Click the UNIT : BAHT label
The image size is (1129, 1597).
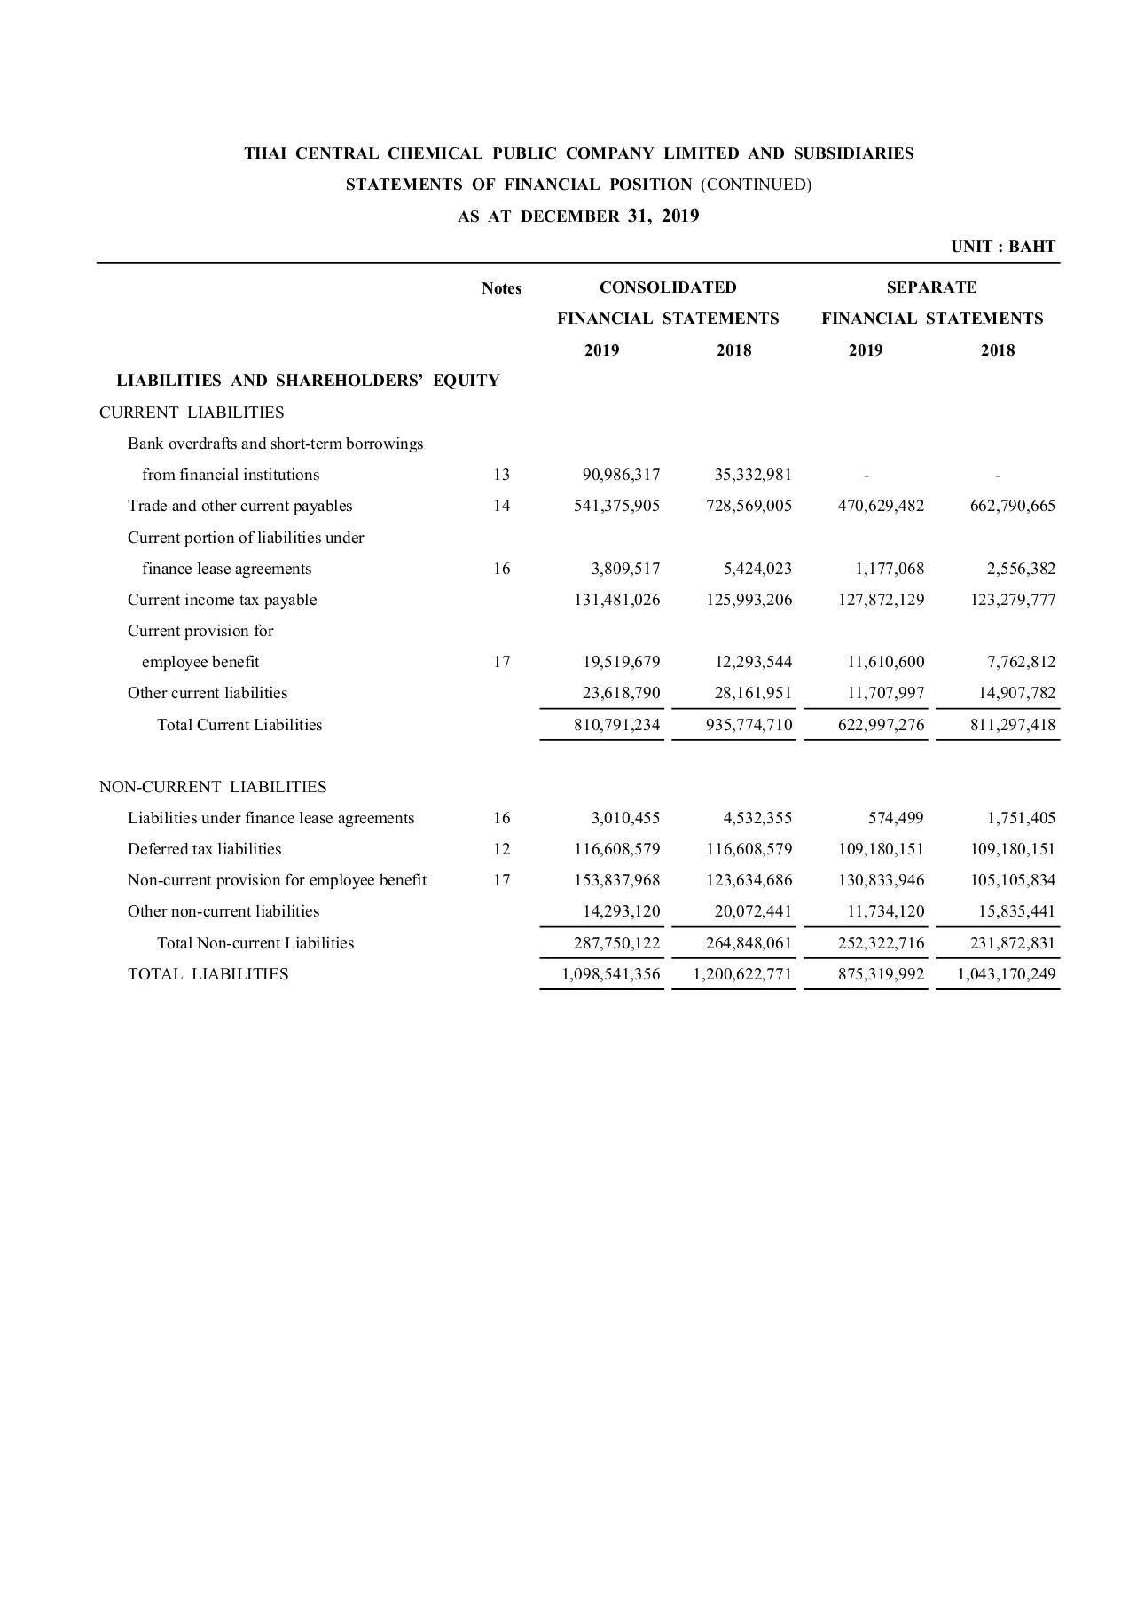tap(1003, 247)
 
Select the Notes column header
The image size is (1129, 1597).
tap(501, 288)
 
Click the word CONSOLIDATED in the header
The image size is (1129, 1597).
tap(668, 287)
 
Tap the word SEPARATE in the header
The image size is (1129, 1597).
tap(931, 287)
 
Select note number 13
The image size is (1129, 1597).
tap(501, 475)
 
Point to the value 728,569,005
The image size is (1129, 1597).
tap(749, 506)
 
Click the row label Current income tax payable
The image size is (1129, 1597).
tap(222, 600)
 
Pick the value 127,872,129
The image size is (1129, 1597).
tap(881, 600)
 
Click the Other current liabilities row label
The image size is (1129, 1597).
tap(208, 693)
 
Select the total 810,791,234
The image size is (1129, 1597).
tap(616, 725)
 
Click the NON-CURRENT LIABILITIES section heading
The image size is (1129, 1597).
tap(213, 787)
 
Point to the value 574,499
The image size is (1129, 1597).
tap(893, 818)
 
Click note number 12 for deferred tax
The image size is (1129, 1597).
tap(501, 849)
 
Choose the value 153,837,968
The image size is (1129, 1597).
tap(616, 880)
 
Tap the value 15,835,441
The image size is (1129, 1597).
tap(1017, 911)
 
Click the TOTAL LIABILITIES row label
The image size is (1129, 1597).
tap(208, 974)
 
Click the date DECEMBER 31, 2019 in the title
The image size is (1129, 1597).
tap(610, 216)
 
